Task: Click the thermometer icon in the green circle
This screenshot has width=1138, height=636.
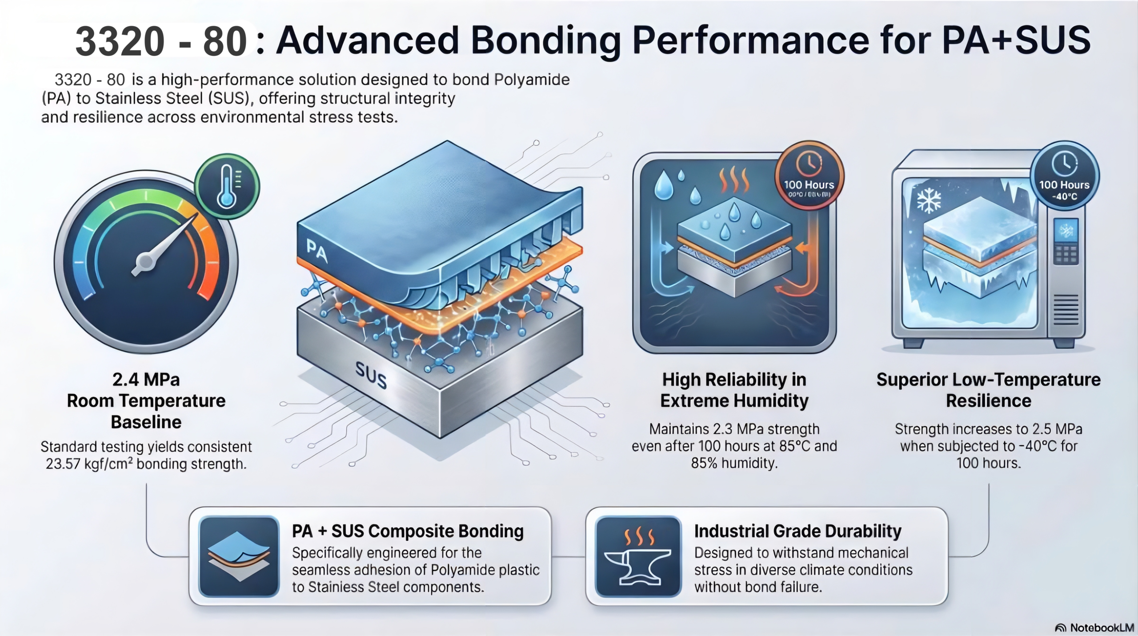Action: coord(227,186)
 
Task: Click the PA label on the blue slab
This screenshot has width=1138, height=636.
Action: coord(317,251)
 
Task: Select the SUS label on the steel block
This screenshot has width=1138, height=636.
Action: coord(371,375)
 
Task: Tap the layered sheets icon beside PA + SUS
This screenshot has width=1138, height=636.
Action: coord(239,557)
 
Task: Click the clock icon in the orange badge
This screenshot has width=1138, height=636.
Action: coord(809,163)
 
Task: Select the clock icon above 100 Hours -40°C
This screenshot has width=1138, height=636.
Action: coord(1064,164)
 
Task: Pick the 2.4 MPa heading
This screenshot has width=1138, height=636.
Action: coord(146,380)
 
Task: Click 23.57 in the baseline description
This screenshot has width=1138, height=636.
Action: coord(63,464)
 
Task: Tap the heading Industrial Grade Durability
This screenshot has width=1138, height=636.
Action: coord(797,531)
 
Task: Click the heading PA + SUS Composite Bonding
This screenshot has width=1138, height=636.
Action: coord(408,531)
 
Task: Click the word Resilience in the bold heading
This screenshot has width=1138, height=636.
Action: coord(988,401)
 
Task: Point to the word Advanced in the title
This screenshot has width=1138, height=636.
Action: coord(367,41)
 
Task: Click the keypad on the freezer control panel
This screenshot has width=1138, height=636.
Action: coord(1066,254)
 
